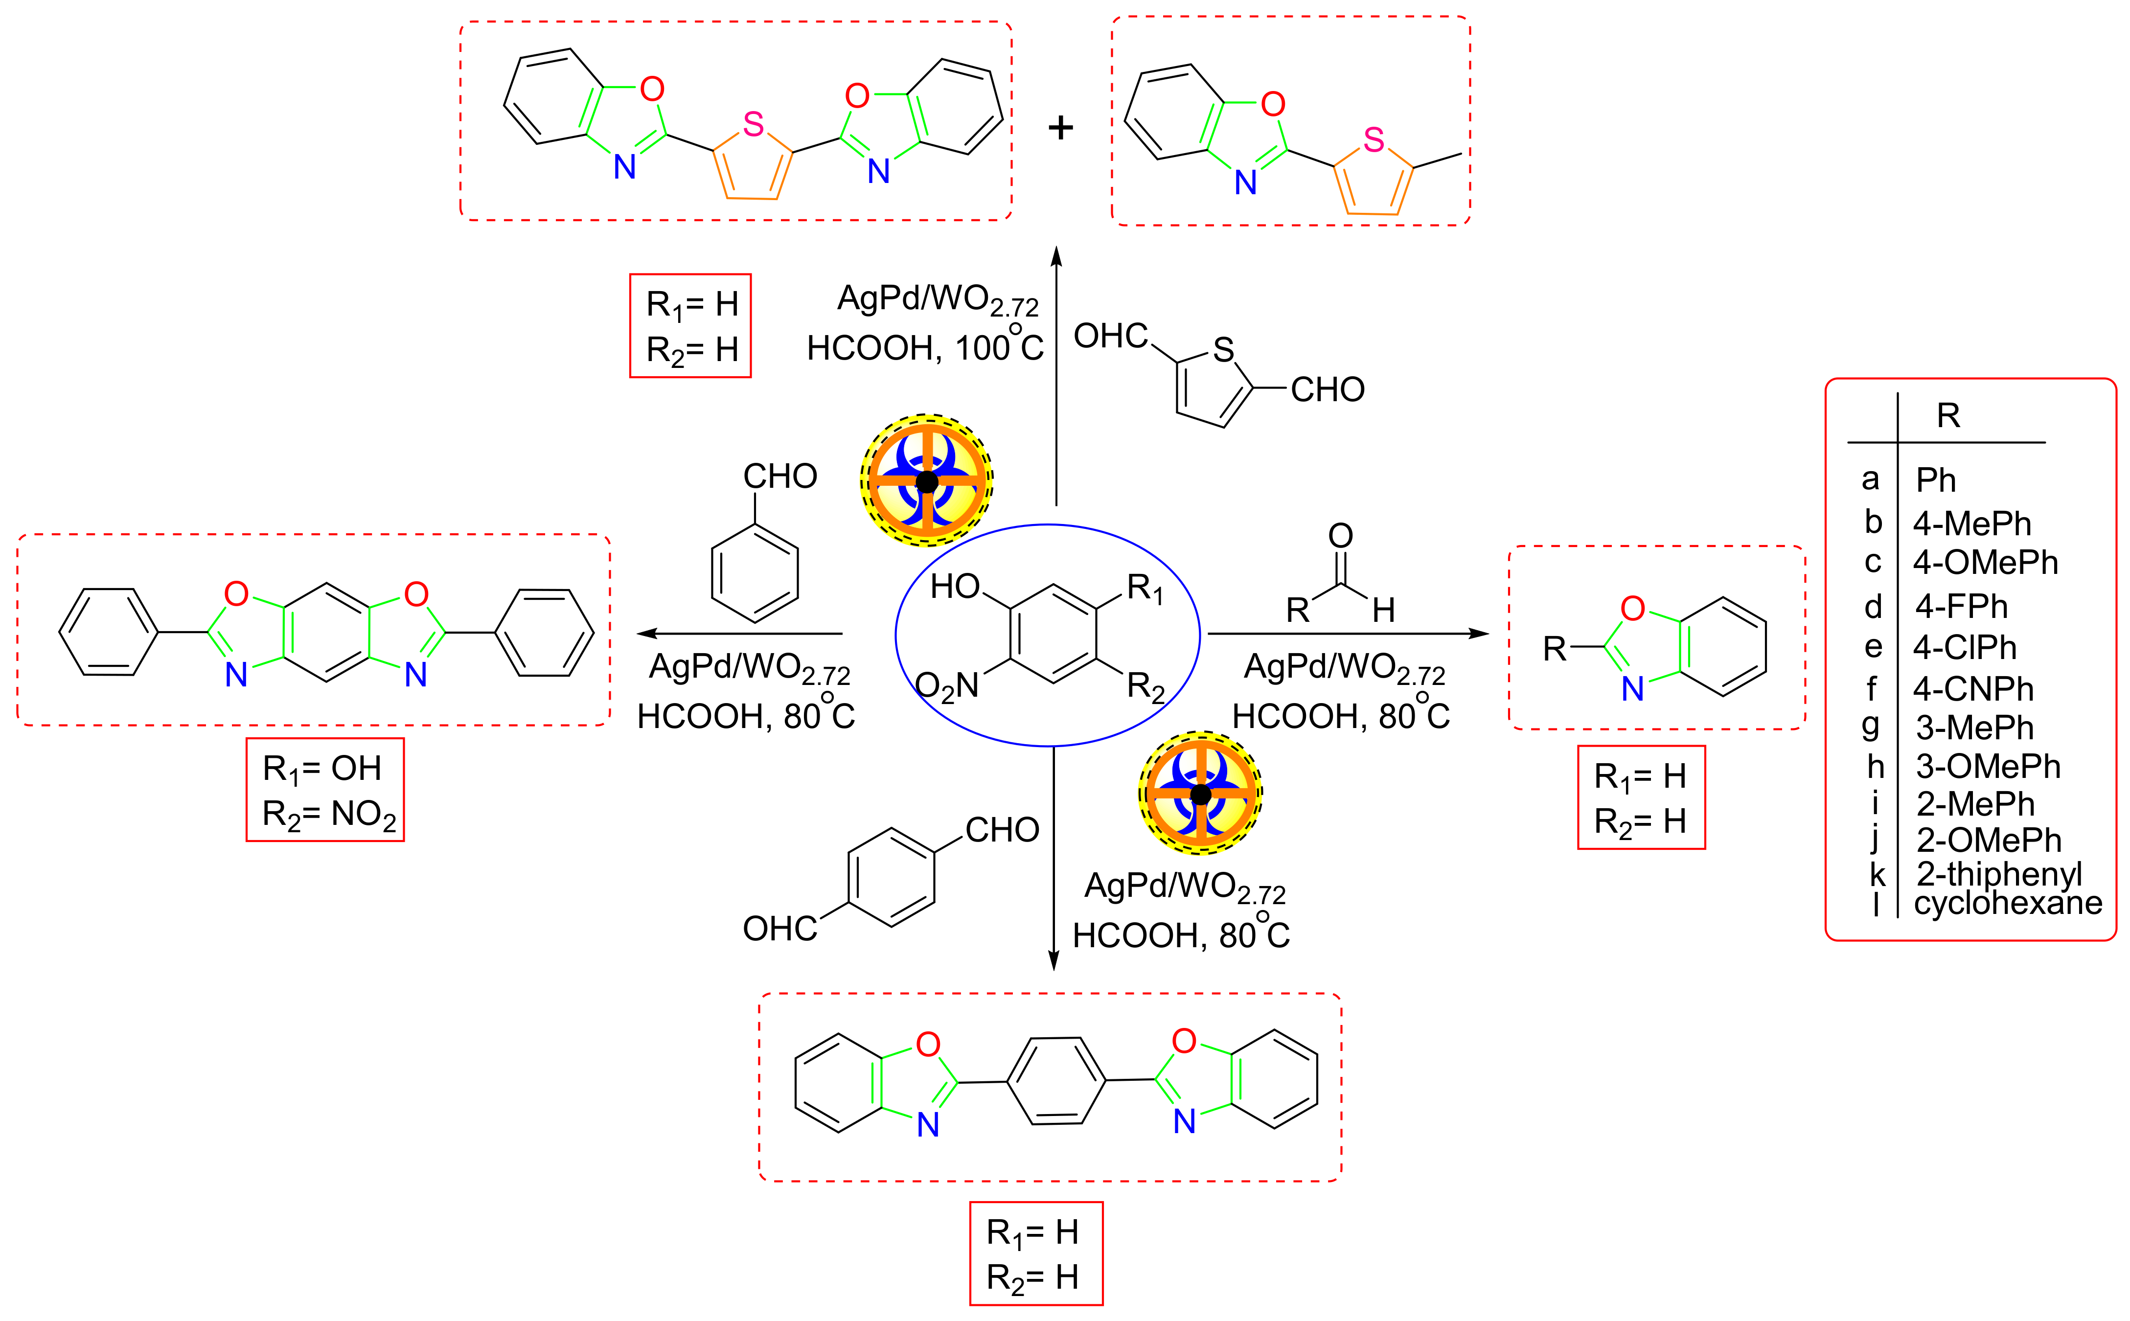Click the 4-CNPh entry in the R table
tap(1973, 689)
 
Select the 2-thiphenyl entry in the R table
tap(1999, 873)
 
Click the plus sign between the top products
tap(1061, 128)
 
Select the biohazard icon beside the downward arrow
tap(1200, 793)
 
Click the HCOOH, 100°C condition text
tap(924, 348)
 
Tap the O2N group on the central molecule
tap(947, 687)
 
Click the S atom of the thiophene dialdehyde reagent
tap(1223, 350)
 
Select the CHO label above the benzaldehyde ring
tap(779, 476)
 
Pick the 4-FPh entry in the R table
tap(1961, 606)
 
